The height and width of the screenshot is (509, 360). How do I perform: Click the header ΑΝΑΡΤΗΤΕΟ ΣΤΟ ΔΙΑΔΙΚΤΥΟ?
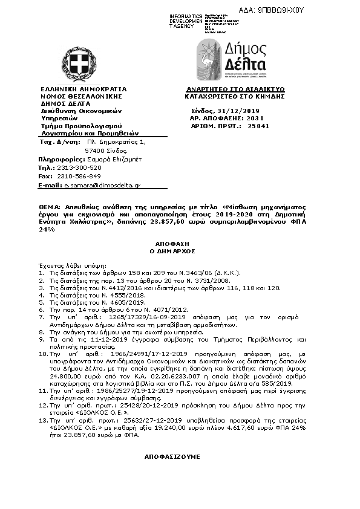[x=235, y=89]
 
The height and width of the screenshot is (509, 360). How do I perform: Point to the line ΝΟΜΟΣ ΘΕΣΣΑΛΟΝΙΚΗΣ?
[x=81, y=96]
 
